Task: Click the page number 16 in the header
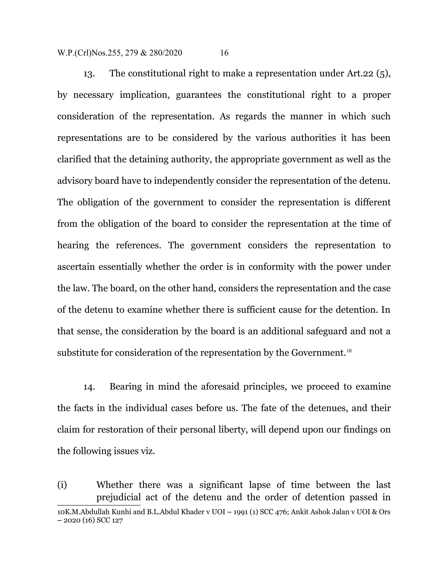tap(224, 53)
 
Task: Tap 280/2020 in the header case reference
tap(165, 53)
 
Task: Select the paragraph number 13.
tap(89, 74)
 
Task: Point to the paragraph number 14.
tap(89, 387)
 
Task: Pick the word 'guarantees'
tap(199, 95)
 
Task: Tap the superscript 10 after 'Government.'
tap(349, 350)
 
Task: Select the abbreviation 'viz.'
tap(148, 451)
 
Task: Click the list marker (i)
tap(62, 485)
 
